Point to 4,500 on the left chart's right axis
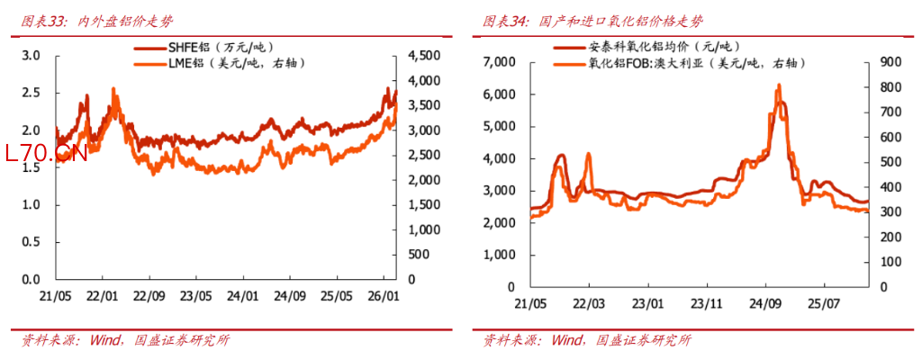tap(422, 56)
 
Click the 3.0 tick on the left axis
tap(32, 56)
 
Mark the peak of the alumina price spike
tap(778, 85)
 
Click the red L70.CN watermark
tap(45, 154)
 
